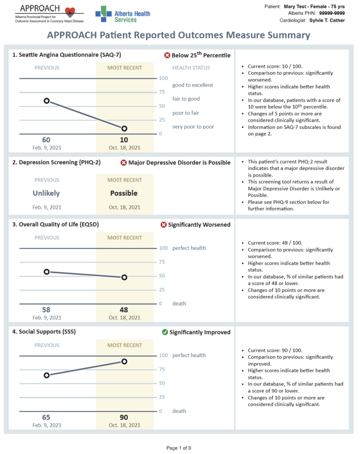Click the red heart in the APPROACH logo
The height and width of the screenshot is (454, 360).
73,12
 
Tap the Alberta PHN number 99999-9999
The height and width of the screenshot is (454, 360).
332,13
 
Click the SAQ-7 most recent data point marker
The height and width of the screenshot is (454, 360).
125,128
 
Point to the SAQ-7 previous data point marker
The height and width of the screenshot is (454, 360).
47,100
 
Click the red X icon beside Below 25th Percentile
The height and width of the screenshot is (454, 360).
167,55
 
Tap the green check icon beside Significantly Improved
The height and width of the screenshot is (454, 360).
165,332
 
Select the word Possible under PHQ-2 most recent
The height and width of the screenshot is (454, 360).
124,193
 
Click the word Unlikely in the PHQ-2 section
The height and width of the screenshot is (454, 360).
46,193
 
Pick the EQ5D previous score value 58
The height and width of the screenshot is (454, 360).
46,310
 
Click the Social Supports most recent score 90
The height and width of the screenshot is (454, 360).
125,417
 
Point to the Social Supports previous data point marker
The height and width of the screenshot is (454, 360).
47,375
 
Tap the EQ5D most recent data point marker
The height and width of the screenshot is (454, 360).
125,277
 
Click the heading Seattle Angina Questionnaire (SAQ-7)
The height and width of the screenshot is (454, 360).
67,55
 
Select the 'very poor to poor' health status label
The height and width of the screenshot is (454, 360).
193,127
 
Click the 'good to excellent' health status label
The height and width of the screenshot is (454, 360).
192,85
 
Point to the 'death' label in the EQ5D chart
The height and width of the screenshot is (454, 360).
179,304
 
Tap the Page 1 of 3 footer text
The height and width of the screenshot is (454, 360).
179,448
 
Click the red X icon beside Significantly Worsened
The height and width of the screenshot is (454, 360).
163,225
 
